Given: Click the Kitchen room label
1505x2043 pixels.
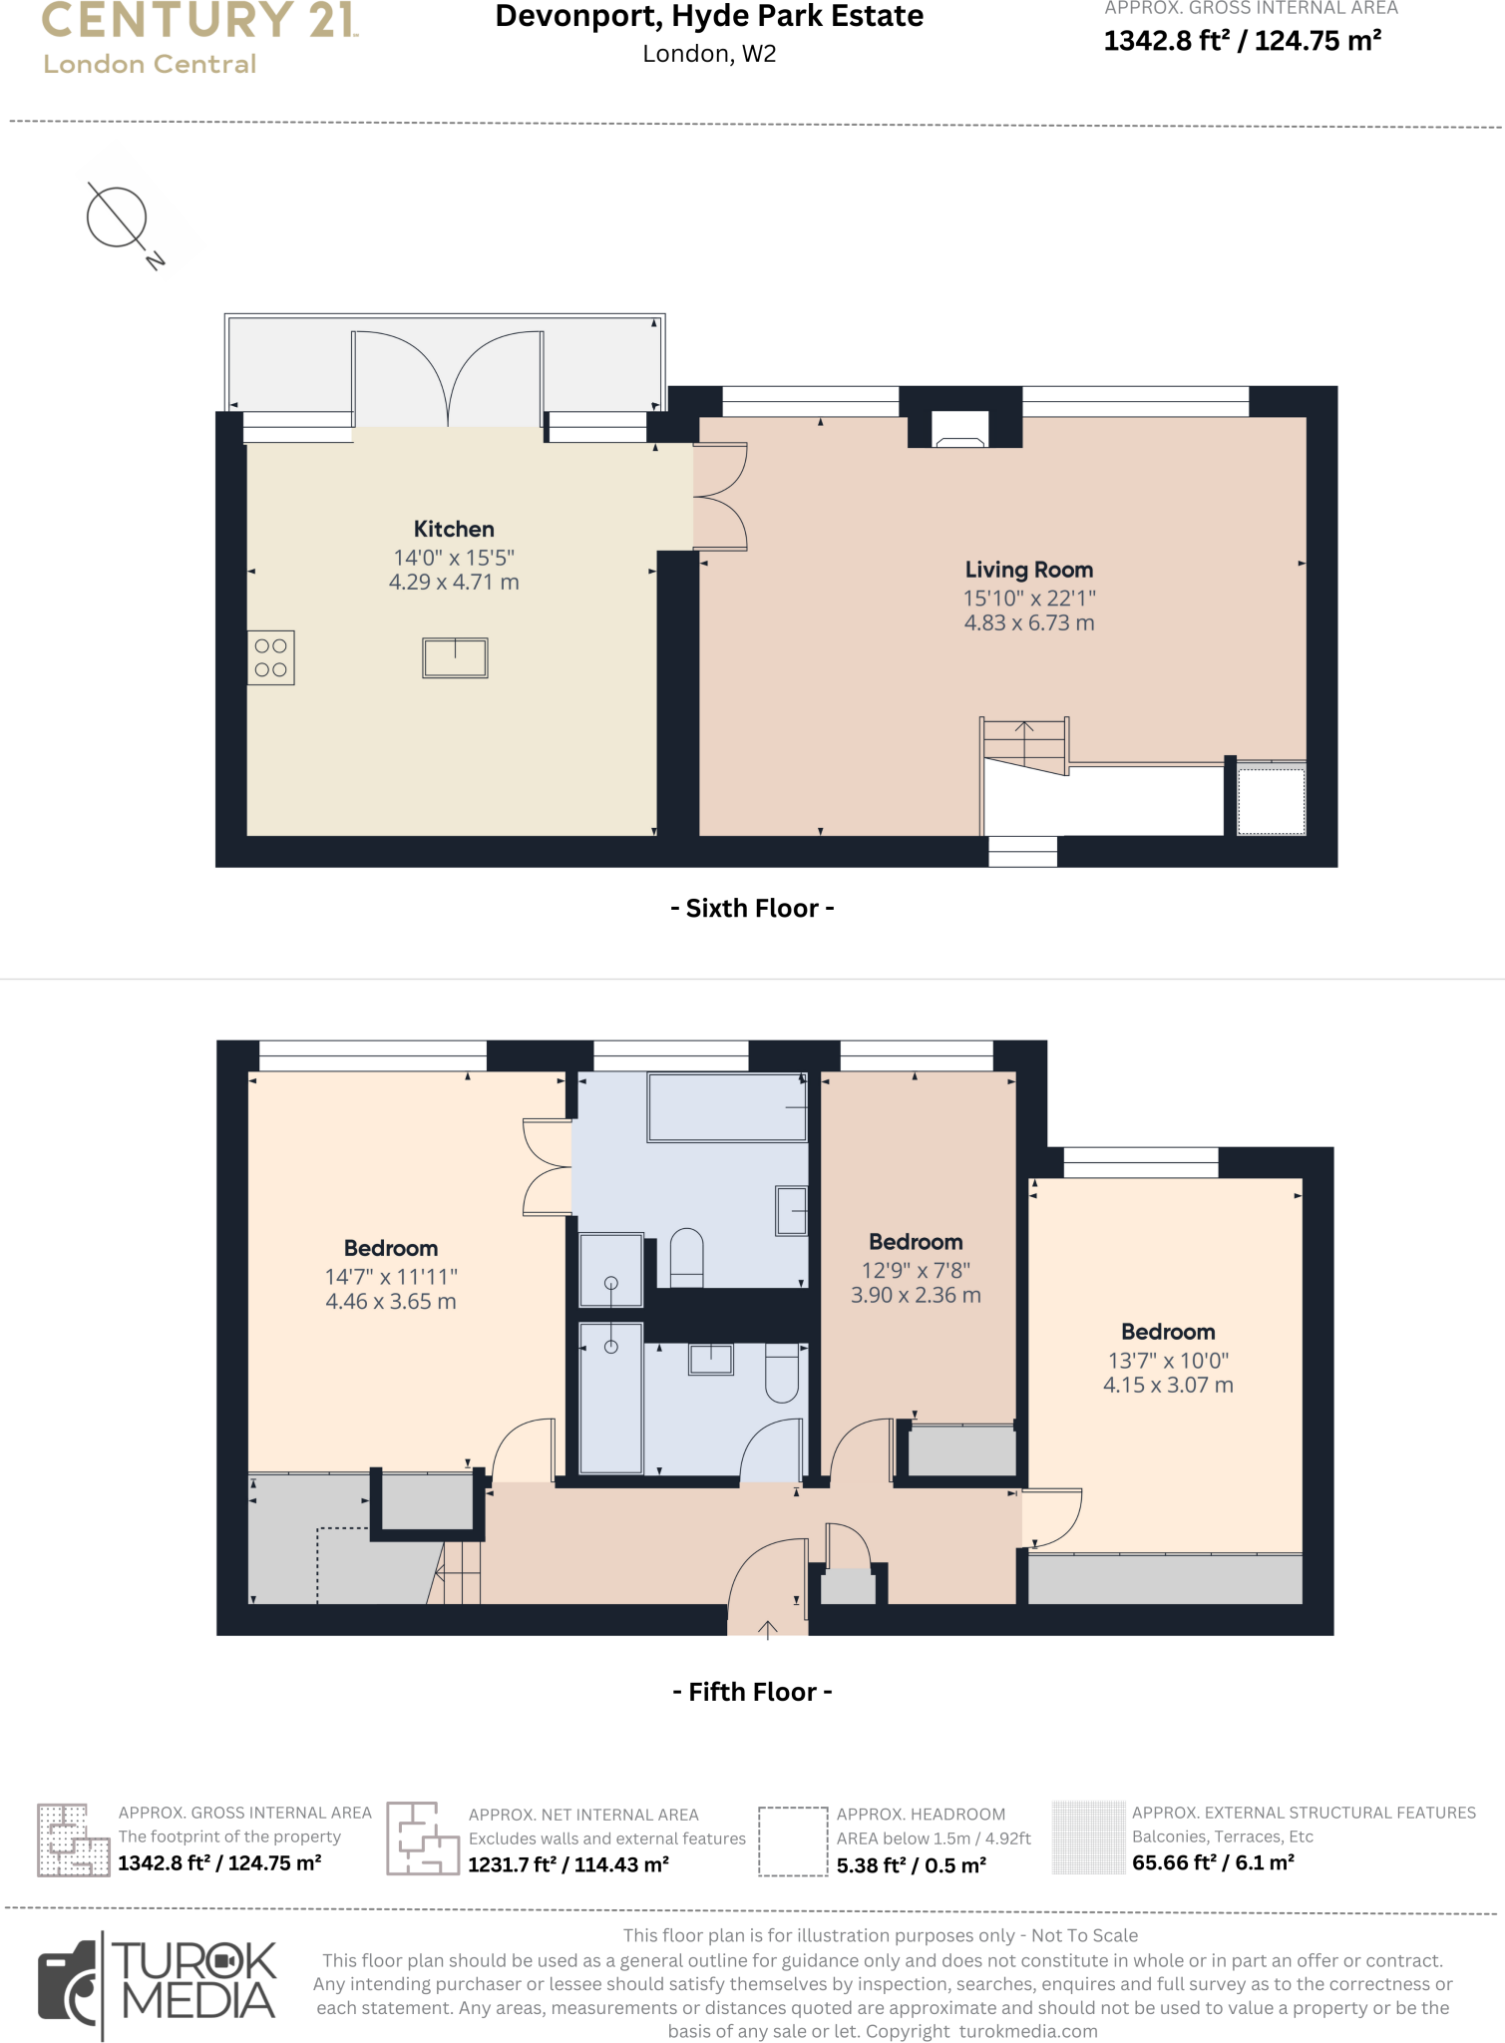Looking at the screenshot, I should pyautogui.click(x=454, y=529).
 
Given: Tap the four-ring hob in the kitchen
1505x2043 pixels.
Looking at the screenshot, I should pyautogui.click(x=270, y=658).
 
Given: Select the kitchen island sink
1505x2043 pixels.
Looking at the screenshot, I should pyautogui.click(x=455, y=658).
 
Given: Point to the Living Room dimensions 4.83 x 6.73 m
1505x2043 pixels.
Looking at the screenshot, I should pyautogui.click(x=1028, y=623).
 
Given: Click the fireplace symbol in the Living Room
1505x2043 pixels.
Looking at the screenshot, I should pyautogui.click(x=959, y=430).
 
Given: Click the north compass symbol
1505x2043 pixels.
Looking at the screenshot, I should pyautogui.click(x=118, y=218).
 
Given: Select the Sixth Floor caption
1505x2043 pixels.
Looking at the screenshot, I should pyautogui.click(x=752, y=908).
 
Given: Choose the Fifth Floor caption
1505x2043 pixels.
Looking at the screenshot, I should pyautogui.click(x=752, y=1692).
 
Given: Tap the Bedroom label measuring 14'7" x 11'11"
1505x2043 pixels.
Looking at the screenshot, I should pyautogui.click(x=391, y=1248).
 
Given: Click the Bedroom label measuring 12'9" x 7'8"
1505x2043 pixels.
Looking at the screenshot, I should pyautogui.click(x=916, y=1242).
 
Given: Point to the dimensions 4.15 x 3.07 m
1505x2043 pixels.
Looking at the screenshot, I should pyautogui.click(x=1168, y=1386).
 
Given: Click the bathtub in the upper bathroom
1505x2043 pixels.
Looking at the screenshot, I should pyautogui.click(x=727, y=1107).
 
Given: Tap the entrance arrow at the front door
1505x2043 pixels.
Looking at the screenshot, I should pyautogui.click(x=767, y=1629).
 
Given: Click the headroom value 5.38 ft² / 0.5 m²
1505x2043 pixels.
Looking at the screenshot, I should pyautogui.click(x=911, y=1865).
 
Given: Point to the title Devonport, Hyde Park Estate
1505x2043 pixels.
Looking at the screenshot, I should pyautogui.click(x=709, y=17).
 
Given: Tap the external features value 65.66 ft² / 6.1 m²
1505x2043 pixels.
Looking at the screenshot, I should pyautogui.click(x=1213, y=1862).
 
